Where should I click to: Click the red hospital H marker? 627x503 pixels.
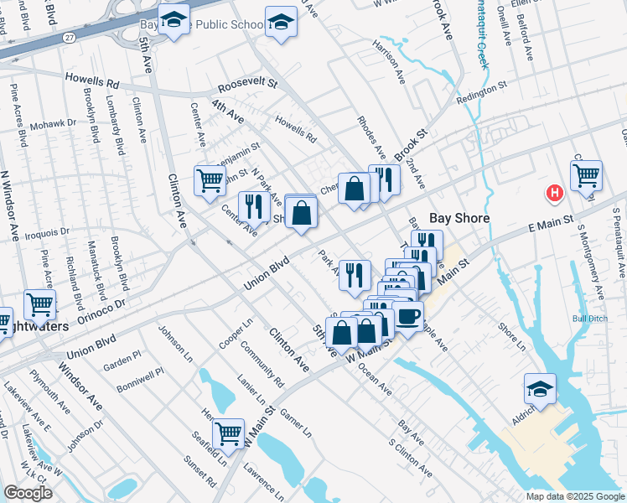click(x=553, y=193)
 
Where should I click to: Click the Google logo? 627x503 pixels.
click(x=28, y=493)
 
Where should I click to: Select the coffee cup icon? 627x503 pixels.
click(x=409, y=318)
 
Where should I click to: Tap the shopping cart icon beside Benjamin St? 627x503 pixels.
click(x=210, y=179)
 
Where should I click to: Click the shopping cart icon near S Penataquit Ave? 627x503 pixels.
click(x=586, y=175)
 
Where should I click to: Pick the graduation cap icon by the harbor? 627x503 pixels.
click(x=540, y=388)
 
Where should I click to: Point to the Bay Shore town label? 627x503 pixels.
click(x=459, y=218)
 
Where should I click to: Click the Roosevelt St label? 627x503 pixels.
click(x=247, y=85)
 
